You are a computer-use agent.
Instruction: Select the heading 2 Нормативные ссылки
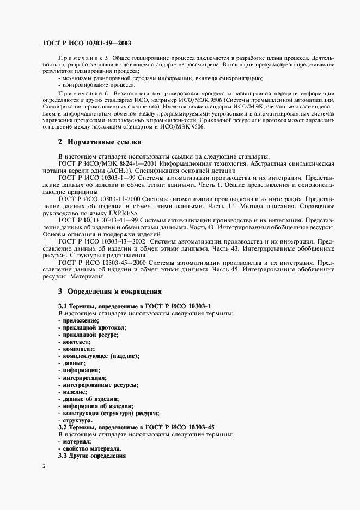[100, 143]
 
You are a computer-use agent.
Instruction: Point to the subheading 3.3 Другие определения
[91, 455]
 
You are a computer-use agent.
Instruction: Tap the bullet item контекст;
[74, 342]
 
